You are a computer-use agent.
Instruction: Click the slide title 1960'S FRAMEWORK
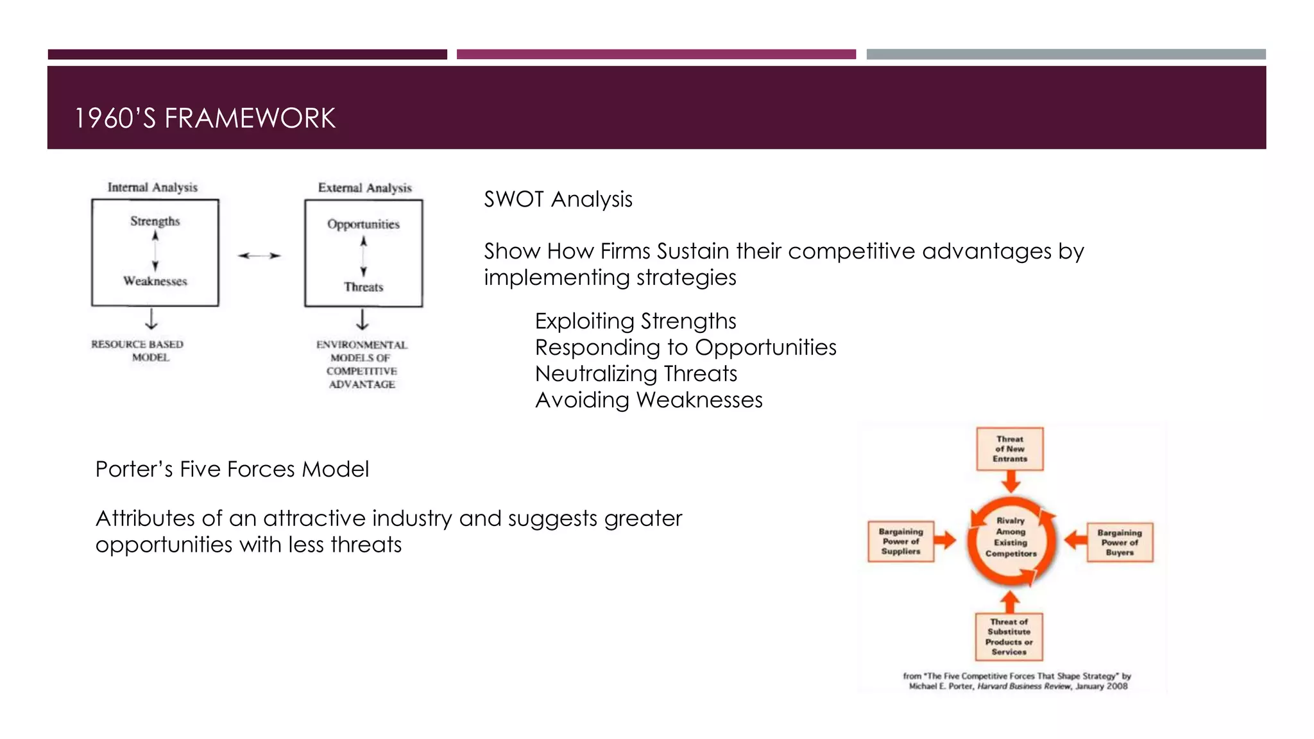click(x=205, y=118)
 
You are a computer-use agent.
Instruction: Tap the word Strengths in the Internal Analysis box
click(x=155, y=221)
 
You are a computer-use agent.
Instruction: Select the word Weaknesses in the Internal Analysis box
click(x=155, y=281)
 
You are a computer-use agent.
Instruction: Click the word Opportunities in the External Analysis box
click(x=363, y=225)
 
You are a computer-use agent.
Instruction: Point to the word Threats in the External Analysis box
click(x=363, y=287)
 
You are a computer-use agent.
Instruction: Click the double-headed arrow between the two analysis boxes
click(x=259, y=255)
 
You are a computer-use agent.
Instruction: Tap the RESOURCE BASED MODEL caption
click(x=137, y=351)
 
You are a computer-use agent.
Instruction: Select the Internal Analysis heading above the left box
click(x=153, y=187)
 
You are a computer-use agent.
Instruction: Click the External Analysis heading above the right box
click(x=364, y=188)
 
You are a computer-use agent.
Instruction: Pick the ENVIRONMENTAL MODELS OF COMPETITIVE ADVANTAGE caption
click(x=362, y=364)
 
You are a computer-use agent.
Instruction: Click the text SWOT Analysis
click(x=558, y=200)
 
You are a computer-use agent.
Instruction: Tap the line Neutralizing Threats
click(x=636, y=373)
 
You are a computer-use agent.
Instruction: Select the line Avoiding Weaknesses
click(x=649, y=400)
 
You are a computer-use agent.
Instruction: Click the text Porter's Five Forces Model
click(x=232, y=469)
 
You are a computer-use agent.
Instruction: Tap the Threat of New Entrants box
click(x=1010, y=449)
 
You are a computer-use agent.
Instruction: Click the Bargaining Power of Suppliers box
click(x=901, y=541)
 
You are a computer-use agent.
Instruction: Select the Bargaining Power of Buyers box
click(x=1120, y=542)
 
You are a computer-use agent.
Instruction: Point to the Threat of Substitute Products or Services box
click(x=1009, y=636)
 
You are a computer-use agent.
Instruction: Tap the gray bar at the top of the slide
click(x=1066, y=55)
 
